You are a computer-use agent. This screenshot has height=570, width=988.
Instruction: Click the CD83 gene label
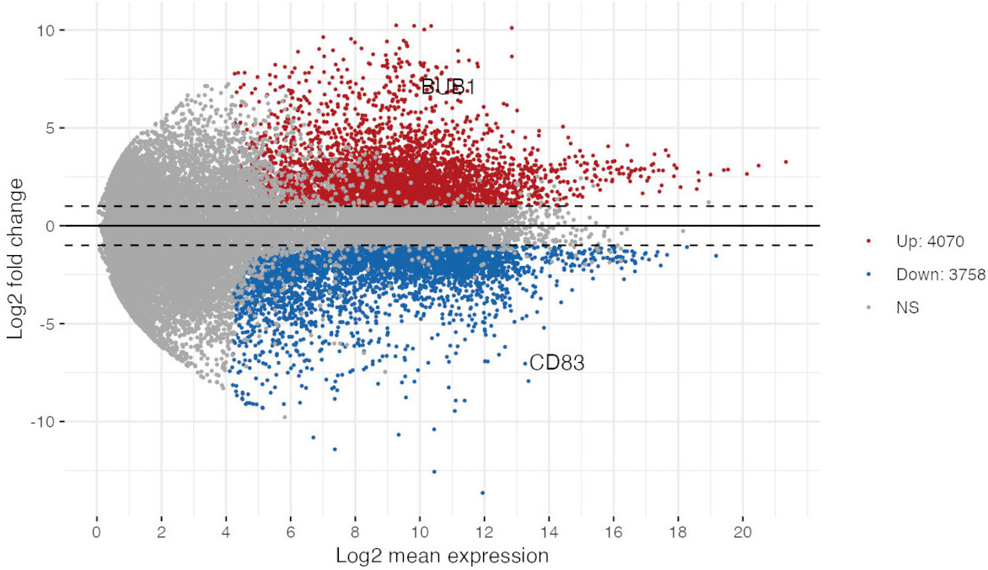(x=557, y=364)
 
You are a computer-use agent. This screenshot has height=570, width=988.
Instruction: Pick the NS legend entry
(x=907, y=308)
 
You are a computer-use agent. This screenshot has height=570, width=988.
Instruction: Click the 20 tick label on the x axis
(x=743, y=535)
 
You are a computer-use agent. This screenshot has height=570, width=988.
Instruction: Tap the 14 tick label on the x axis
(x=549, y=535)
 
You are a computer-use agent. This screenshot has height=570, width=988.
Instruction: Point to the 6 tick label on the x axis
(x=291, y=535)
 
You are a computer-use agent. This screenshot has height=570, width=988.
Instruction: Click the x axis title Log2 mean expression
(x=443, y=556)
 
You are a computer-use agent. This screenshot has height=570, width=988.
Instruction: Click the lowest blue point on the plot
(x=482, y=493)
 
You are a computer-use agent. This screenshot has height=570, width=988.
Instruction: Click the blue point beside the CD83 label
(x=524, y=364)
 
